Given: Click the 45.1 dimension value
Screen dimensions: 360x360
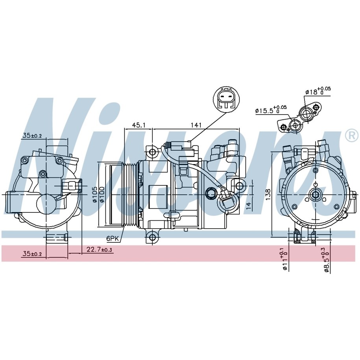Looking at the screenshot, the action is tap(138, 125).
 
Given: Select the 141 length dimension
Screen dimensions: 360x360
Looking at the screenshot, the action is tap(196, 125).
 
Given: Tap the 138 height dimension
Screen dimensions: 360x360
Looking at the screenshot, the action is tap(268, 194).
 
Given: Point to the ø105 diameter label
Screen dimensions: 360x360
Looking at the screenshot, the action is tap(95, 195).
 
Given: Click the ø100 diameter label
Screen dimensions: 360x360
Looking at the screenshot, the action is tap(102, 194).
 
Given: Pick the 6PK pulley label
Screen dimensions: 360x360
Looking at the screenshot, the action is tap(113, 239).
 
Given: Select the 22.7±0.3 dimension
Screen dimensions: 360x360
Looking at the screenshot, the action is tap(99, 249).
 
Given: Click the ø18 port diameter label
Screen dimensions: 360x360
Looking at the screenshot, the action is tap(318, 91).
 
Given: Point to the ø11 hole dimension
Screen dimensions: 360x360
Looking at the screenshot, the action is tap(284, 260).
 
